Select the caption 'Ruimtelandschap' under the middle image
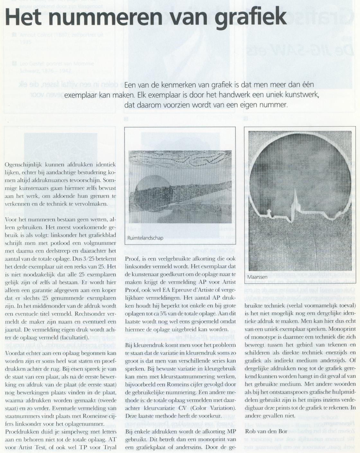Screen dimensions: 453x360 [145, 238]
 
